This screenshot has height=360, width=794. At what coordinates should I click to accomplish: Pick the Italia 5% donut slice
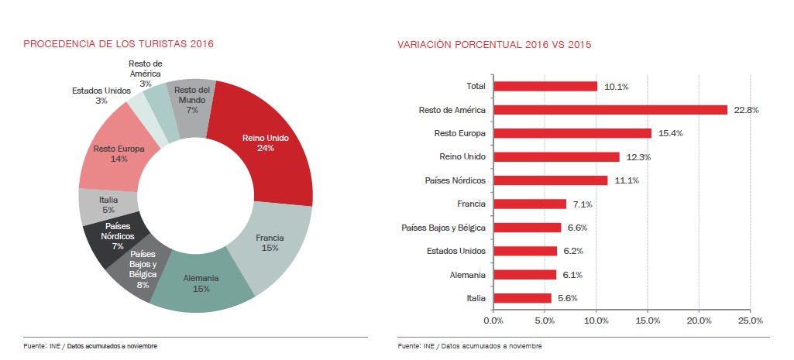(108, 204)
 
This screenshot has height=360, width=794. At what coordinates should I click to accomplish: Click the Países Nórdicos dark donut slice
(118, 235)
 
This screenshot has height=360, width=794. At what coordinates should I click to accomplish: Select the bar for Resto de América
(610, 110)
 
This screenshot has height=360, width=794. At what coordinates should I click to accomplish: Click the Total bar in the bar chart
(545, 86)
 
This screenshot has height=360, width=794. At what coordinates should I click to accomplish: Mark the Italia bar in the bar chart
(521, 298)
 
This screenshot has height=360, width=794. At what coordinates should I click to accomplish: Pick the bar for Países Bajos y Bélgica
(527, 228)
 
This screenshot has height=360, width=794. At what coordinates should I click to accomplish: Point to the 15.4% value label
(669, 133)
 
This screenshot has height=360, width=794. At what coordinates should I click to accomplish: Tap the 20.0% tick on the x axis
(699, 320)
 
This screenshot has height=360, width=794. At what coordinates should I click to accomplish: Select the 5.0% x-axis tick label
(545, 320)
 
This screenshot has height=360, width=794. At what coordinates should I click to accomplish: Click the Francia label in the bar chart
(472, 204)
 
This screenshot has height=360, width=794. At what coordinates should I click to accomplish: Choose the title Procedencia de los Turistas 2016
(118, 44)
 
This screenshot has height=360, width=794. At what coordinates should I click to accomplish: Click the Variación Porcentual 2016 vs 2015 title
(494, 45)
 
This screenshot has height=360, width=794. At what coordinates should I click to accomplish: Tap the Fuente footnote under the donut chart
(90, 345)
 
